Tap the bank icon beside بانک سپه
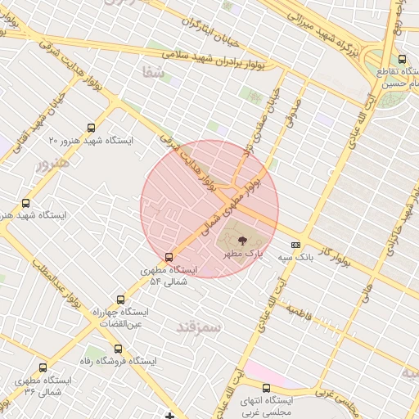[x=295, y=245]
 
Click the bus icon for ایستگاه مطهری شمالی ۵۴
[x=169, y=256]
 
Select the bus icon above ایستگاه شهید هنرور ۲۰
[x=90, y=128]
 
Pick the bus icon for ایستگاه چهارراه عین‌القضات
[x=121, y=300]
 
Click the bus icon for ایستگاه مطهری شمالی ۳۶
[x=43, y=368]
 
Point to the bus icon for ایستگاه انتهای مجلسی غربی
[x=266, y=388]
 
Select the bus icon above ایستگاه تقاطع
[x=401, y=59]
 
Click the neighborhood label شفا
[x=153, y=73]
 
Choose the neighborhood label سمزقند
[x=198, y=328]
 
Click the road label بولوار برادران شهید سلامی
[x=221, y=57]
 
